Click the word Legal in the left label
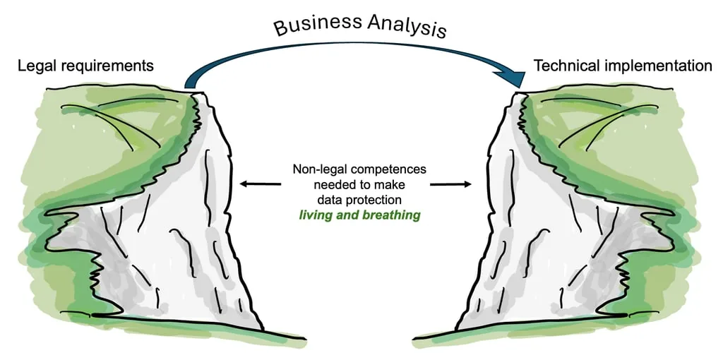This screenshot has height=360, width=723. (x=36, y=66)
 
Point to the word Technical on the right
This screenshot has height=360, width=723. (x=564, y=66)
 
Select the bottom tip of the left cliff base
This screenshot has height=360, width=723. (x=263, y=329)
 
